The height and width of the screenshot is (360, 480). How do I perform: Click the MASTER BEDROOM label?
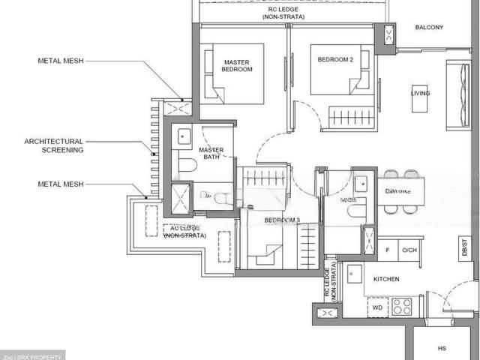[x=237, y=65]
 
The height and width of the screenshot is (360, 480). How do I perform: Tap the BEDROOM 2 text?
[x=334, y=59]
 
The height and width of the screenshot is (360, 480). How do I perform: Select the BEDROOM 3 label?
[x=282, y=220]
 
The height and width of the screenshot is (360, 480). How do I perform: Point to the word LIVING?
[x=421, y=93]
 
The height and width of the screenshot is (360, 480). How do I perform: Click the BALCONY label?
[x=429, y=28]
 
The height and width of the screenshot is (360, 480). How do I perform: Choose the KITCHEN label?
[x=388, y=279]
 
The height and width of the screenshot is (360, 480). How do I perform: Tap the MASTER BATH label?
[x=211, y=154]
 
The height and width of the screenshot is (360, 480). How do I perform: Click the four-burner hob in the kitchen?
[x=402, y=307]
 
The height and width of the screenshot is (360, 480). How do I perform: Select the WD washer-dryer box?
[x=376, y=307]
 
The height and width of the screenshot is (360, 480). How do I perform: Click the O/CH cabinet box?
[x=409, y=249]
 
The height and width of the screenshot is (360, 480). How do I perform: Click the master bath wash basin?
[x=184, y=136]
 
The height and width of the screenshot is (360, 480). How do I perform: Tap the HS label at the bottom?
[x=442, y=348]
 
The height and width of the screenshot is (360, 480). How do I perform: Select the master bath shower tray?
[x=182, y=197]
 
